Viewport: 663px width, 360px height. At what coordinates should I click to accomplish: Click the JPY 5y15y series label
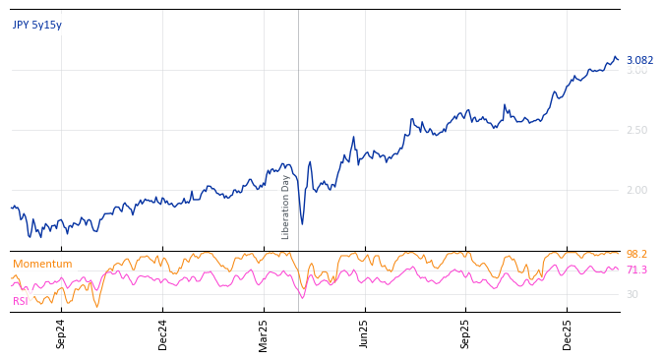pyautogui.click(x=37, y=26)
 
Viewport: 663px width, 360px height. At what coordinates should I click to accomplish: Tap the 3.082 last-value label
pyautogui.click(x=639, y=61)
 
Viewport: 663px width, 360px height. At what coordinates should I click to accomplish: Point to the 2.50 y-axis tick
pyautogui.click(x=636, y=131)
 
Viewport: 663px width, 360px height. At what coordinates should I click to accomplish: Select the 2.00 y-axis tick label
pyautogui.click(x=636, y=191)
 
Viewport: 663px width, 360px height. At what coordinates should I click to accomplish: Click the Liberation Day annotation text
pyautogui.click(x=286, y=207)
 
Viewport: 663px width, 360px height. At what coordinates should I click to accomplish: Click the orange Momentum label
pyautogui.click(x=42, y=265)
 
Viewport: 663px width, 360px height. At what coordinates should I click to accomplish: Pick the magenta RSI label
pyautogui.click(x=21, y=302)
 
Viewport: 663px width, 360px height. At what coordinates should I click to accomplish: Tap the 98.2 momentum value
pyautogui.click(x=636, y=255)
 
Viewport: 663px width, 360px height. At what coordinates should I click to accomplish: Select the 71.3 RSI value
pyautogui.click(x=636, y=270)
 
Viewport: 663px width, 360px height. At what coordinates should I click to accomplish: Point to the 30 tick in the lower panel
pyautogui.click(x=632, y=295)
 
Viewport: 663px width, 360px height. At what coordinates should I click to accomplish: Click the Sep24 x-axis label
pyautogui.click(x=61, y=333)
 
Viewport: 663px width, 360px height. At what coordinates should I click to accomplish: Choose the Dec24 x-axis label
pyautogui.click(x=163, y=333)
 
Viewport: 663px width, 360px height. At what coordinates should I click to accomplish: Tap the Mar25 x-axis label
pyautogui.click(x=264, y=333)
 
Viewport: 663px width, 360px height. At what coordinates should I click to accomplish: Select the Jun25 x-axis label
pyautogui.click(x=365, y=333)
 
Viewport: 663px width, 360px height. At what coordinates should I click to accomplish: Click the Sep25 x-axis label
pyautogui.click(x=466, y=333)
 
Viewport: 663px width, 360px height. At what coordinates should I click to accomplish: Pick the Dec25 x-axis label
pyautogui.click(x=568, y=333)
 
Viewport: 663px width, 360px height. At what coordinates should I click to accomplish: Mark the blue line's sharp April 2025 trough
pyautogui.click(x=302, y=224)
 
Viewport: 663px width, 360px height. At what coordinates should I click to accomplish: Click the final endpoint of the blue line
pyautogui.click(x=618, y=60)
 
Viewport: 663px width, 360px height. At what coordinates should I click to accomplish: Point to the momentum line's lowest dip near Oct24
pyautogui.click(x=96, y=307)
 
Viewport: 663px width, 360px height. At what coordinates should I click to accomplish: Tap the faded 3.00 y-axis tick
pyautogui.click(x=636, y=71)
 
